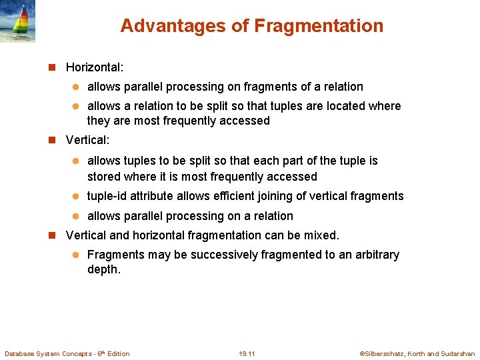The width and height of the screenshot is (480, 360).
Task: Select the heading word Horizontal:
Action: tap(95, 67)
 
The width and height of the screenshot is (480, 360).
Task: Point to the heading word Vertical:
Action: tap(87, 141)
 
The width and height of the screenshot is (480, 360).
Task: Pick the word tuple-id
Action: tap(107, 196)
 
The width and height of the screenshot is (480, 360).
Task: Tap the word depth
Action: tap(103, 270)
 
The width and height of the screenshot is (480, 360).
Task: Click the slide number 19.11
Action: tap(247, 353)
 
